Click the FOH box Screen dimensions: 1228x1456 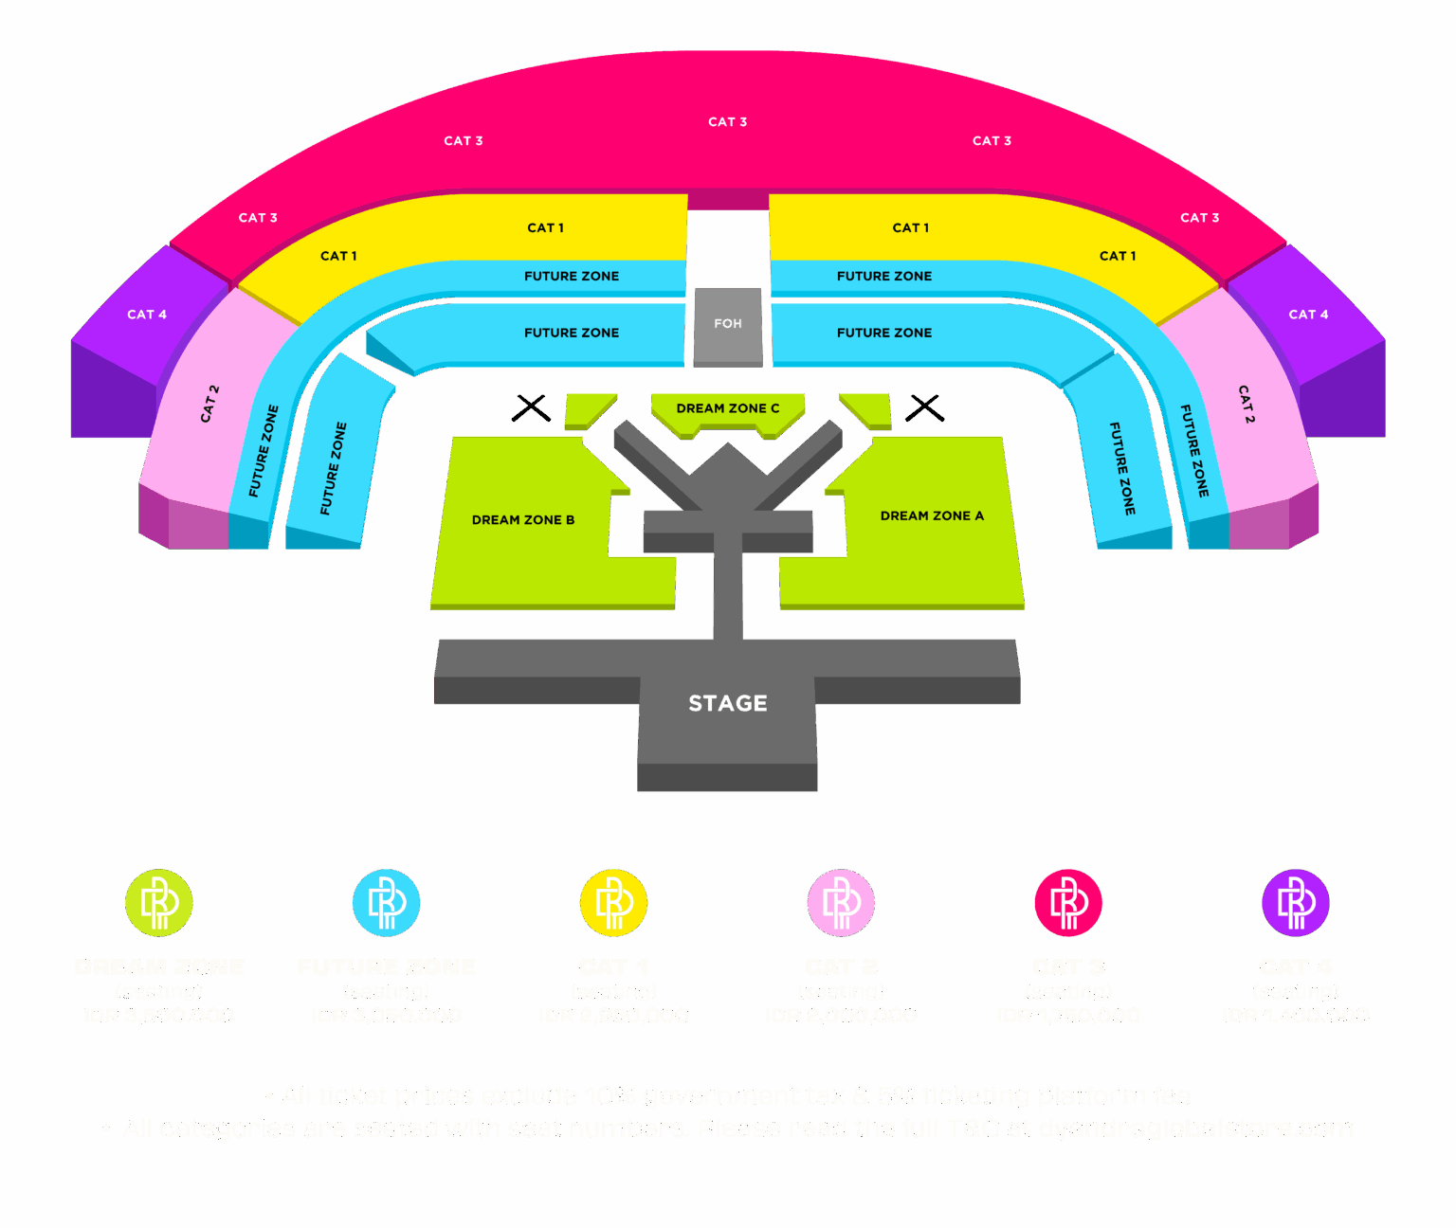(x=728, y=324)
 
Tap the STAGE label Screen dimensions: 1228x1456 (x=728, y=703)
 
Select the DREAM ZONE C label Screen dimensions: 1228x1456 (x=728, y=408)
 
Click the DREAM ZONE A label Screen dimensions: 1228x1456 (x=932, y=515)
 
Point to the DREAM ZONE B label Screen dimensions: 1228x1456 (x=523, y=519)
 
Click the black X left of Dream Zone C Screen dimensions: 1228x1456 (x=531, y=407)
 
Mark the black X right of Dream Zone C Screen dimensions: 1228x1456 (x=924, y=407)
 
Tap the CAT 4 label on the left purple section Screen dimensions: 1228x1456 (x=147, y=315)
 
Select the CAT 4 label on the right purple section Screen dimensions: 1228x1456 (x=1308, y=315)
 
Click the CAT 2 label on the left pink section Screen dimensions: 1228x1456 (x=209, y=403)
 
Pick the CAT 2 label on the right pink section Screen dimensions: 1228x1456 (x=1247, y=404)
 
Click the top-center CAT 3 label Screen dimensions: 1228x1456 (x=728, y=122)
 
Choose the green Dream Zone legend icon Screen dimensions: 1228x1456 (x=159, y=903)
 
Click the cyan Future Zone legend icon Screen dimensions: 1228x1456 (x=387, y=903)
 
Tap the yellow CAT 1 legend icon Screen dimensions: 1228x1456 (x=614, y=903)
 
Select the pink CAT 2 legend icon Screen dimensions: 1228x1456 (x=842, y=903)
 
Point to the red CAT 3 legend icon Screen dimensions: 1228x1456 (x=1068, y=903)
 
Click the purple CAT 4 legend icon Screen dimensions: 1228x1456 (x=1296, y=903)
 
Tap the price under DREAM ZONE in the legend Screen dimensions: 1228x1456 (x=159, y=1016)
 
